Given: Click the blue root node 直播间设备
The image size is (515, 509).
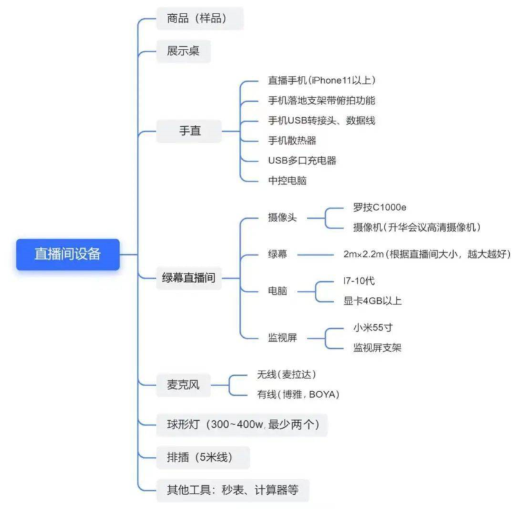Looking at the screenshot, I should point(68,254).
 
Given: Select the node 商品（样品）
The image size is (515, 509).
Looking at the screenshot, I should point(200,19).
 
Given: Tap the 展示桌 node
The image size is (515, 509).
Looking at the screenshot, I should point(183,51).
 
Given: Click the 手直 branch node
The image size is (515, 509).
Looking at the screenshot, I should point(190,131).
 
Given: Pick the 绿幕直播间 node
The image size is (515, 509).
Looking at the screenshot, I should point(188,278).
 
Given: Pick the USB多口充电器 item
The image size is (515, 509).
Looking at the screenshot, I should point(302,160).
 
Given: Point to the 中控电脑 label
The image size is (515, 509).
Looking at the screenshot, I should point(287,180).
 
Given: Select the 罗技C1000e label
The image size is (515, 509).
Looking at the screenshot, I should point(380,207).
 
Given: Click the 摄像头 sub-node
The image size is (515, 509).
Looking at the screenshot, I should point(282,217).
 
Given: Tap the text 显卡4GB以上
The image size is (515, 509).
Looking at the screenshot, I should point(377,301).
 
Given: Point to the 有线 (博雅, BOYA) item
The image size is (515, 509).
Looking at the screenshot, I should point(297,394).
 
